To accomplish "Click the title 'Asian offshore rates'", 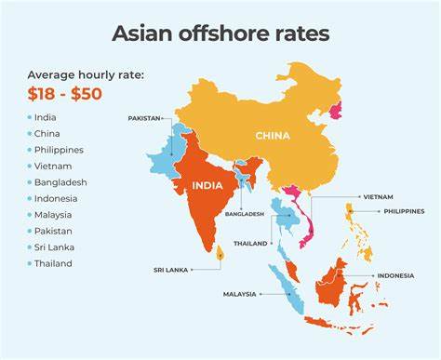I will click(x=220, y=33).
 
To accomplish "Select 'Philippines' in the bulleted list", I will click(x=59, y=150).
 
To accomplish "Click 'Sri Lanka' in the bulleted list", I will click(x=56, y=247).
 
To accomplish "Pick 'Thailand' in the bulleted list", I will click(x=54, y=263).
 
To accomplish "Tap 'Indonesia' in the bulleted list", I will click(x=56, y=198).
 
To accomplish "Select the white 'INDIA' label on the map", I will click(x=207, y=185).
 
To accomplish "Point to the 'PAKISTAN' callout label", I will click(x=145, y=119).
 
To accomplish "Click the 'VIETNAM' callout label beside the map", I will click(x=379, y=197).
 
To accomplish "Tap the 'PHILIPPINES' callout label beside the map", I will click(x=404, y=211).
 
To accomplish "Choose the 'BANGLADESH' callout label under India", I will click(x=245, y=214).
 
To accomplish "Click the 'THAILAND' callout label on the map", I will click(x=250, y=244).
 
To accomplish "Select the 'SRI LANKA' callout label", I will click(x=171, y=270).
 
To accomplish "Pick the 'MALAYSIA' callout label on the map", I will click(x=240, y=294).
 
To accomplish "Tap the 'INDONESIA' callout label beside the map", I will click(x=395, y=276).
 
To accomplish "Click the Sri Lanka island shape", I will click(x=220, y=252).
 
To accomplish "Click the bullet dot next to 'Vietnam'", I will click(x=29, y=167).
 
